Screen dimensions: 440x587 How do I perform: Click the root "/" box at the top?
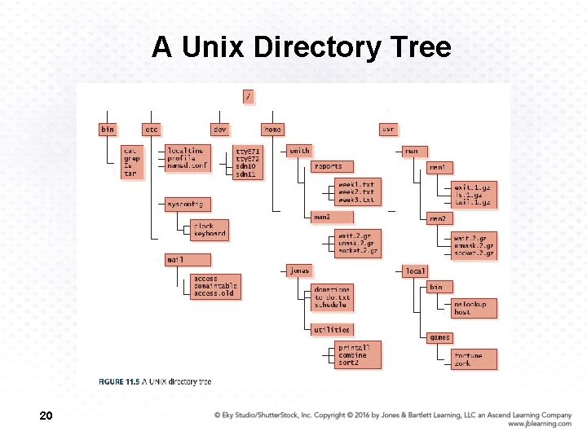tap(248, 96)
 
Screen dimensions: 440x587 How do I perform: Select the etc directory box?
tap(152, 130)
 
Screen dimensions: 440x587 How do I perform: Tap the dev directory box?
tap(219, 130)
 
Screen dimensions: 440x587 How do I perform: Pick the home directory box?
tap(272, 130)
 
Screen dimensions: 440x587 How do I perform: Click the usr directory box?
tap(388, 130)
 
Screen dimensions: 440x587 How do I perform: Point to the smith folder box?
tap(299, 151)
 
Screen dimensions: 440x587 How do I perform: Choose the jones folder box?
tap(299, 271)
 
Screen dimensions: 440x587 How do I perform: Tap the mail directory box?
tap(175, 260)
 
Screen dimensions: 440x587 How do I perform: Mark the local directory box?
tap(415, 271)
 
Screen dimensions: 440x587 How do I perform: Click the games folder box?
tap(439, 337)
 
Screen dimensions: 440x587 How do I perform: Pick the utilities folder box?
tap(332, 330)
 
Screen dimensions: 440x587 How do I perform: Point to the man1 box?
tap(438, 167)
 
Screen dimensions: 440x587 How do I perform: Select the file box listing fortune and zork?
tap(474, 359)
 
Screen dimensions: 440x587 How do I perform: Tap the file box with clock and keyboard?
tap(210, 230)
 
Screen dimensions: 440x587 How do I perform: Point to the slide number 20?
tap(46, 416)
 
